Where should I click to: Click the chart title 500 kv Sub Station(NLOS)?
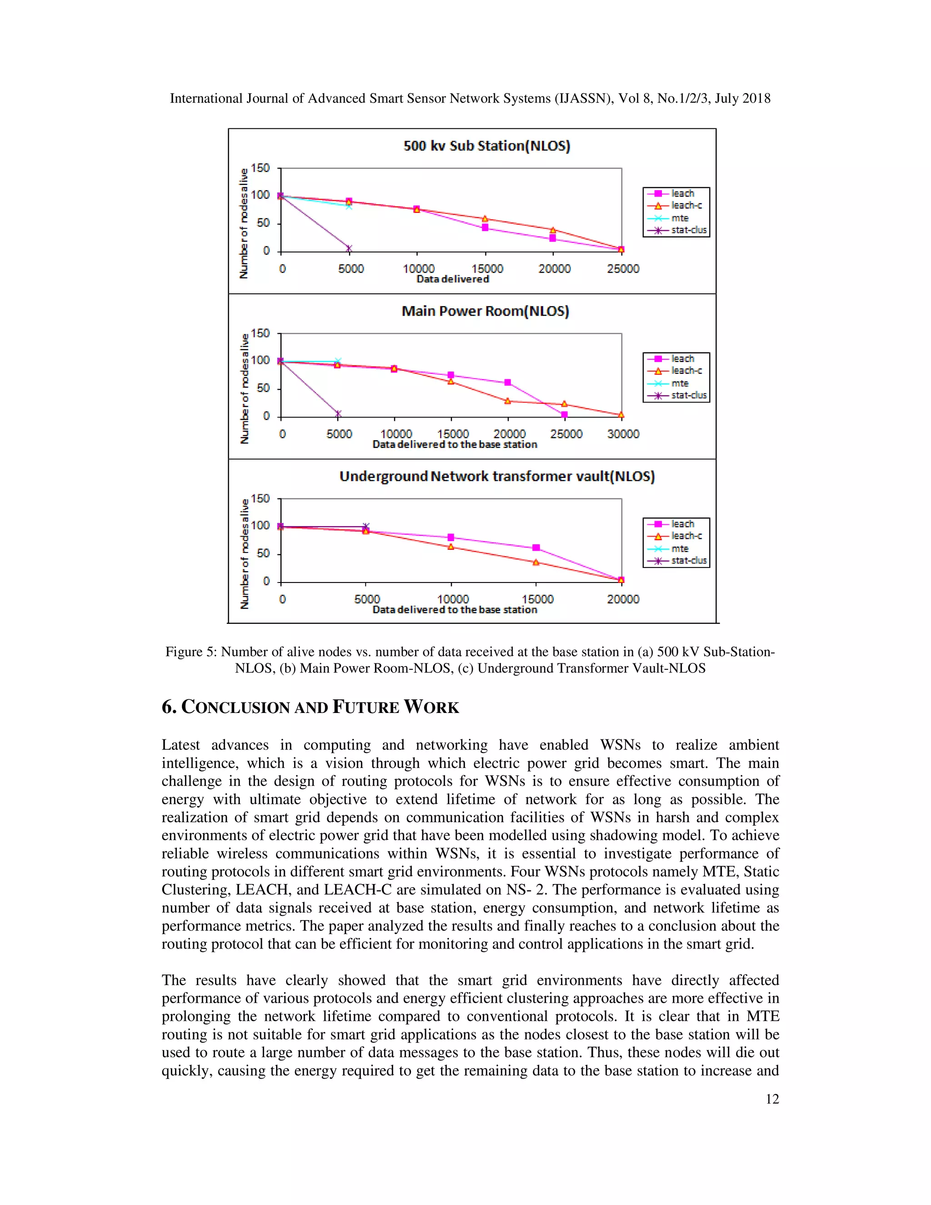click(x=486, y=146)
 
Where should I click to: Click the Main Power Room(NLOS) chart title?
click(x=485, y=311)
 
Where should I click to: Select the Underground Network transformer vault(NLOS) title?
click(x=496, y=476)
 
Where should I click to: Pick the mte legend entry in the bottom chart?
click(x=680, y=548)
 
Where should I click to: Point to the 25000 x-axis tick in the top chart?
click(x=623, y=269)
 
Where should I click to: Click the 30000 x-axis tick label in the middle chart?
click(x=623, y=434)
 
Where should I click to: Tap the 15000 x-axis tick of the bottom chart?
click(x=537, y=599)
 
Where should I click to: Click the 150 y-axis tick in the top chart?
click(x=260, y=168)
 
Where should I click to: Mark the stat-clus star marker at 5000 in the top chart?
click(x=349, y=248)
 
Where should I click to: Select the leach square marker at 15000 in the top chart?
click(x=485, y=227)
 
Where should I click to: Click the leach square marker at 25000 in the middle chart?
click(x=564, y=414)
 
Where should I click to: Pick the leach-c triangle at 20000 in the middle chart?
click(x=507, y=401)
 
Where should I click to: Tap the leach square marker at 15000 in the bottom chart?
click(x=536, y=548)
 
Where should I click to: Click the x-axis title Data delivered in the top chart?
click(x=452, y=279)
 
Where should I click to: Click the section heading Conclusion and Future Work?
click(x=310, y=707)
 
